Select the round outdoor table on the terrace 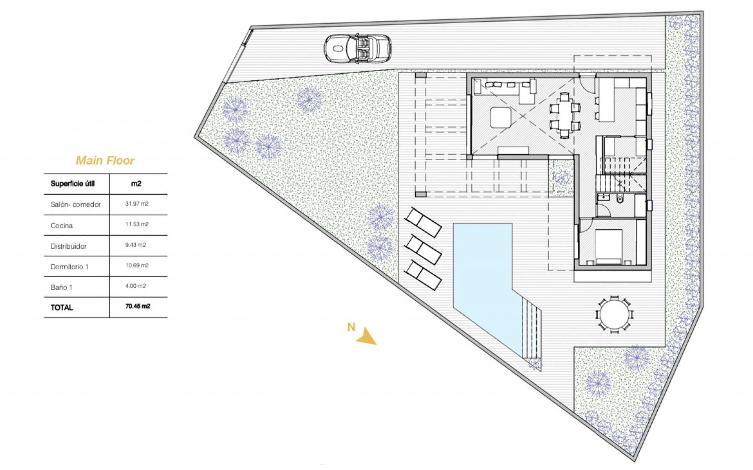[614, 315]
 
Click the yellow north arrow [366, 337]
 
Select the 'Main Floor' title [105, 161]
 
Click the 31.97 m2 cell [137, 204]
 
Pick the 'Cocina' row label [62, 226]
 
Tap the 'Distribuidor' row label [69, 246]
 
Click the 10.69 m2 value [137, 266]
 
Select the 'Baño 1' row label [62, 287]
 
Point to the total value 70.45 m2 [138, 306]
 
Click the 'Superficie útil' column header [73, 184]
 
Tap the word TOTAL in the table [62, 308]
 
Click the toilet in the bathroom [620, 199]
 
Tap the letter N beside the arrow [351, 327]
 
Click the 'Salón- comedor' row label [76, 204]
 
